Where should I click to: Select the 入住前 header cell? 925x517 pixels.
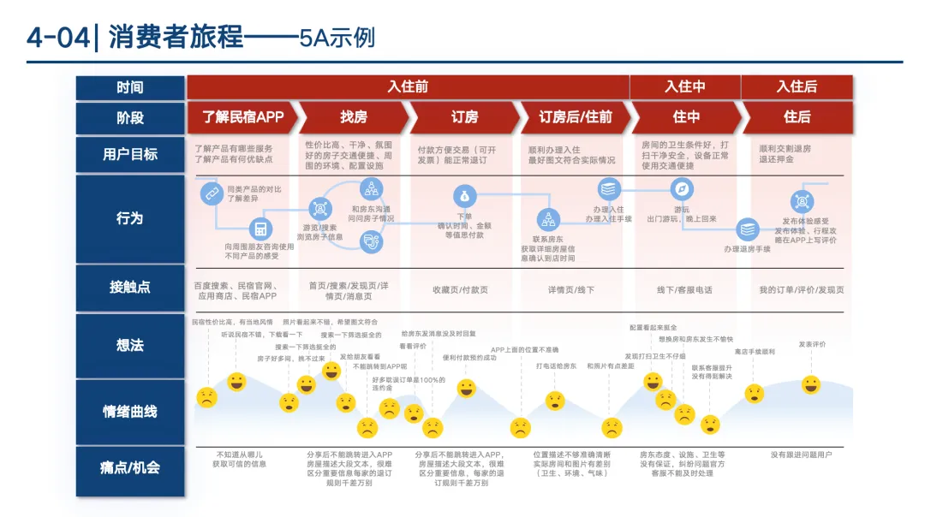[408, 86]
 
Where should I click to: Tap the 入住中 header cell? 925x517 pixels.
[685, 86]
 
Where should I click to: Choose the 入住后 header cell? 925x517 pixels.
[797, 86]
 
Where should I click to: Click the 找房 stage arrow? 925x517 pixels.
[354, 116]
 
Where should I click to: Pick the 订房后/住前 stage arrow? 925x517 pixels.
[575, 116]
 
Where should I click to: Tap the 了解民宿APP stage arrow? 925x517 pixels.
[242, 116]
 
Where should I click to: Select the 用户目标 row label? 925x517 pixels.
[130, 155]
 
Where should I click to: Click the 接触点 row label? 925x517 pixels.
[130, 288]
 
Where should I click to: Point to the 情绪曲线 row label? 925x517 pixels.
[130, 412]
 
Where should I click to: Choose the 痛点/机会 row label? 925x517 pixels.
[130, 467]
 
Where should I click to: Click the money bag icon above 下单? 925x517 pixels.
[464, 194]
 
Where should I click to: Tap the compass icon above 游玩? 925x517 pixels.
[683, 189]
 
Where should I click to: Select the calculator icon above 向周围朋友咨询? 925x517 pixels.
[260, 229]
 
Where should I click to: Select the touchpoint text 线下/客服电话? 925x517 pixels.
[684, 290]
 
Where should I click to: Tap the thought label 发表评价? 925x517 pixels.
[812, 344]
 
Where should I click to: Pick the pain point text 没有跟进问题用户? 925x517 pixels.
[801, 455]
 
